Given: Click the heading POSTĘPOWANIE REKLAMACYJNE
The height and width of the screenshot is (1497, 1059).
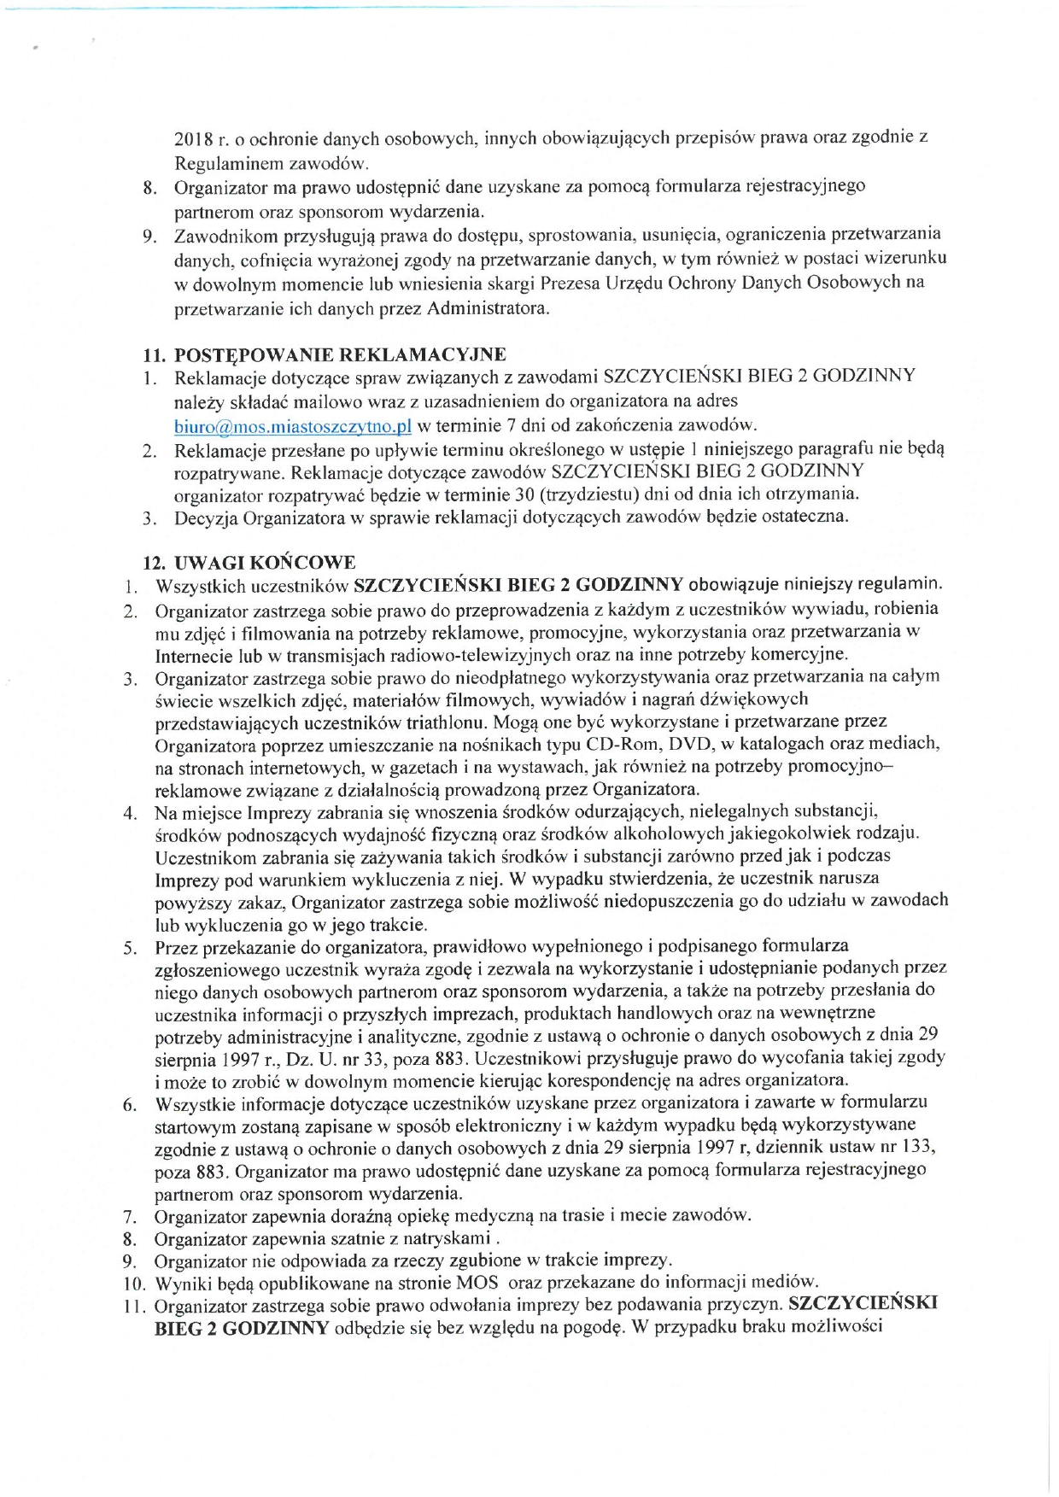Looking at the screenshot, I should click(x=340, y=354).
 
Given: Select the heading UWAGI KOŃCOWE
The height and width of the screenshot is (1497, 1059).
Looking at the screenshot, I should click(x=265, y=563).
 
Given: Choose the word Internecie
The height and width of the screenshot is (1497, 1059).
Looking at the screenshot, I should click(x=196, y=655).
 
